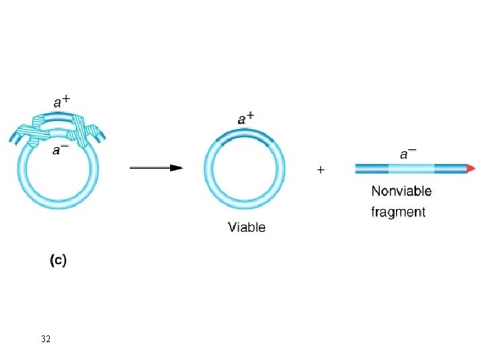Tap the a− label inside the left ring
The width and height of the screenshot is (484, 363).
click(61, 150)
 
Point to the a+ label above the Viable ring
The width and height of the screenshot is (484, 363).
click(246, 118)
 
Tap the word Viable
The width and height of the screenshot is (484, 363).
click(247, 227)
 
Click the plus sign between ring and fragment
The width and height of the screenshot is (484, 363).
click(321, 170)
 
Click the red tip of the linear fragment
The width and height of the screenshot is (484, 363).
click(472, 168)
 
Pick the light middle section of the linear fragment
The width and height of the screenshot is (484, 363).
click(411, 168)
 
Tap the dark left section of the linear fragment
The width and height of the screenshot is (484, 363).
click(372, 168)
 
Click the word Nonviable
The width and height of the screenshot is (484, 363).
click(401, 192)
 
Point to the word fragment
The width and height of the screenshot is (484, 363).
click(399, 212)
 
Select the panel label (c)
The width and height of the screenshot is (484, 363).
click(58, 261)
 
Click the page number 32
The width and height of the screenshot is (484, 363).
click(46, 339)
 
